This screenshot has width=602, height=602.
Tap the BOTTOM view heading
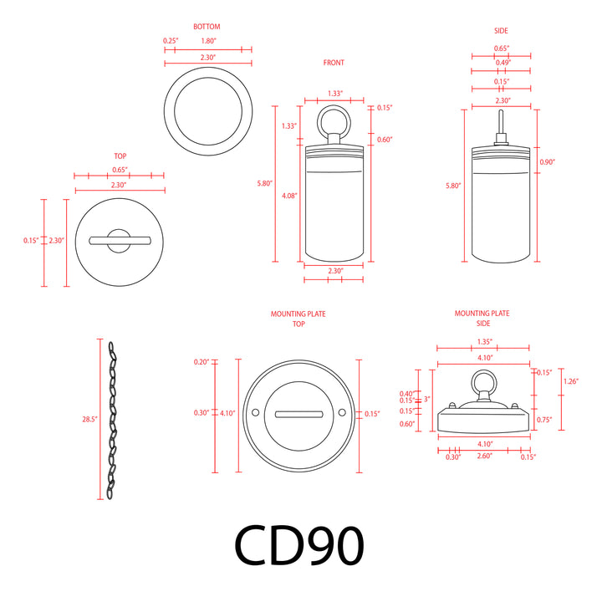pyautogui.click(x=207, y=28)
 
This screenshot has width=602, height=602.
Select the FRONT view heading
pyautogui.click(x=333, y=63)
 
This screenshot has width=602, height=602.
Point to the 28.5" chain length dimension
pyautogui.click(x=90, y=419)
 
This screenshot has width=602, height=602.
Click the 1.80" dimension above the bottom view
pyautogui.click(x=210, y=40)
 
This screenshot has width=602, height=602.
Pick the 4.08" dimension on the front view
pyautogui.click(x=289, y=195)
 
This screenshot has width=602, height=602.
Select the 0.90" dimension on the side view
pyautogui.click(x=547, y=161)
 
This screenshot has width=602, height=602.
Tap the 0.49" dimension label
pyautogui.click(x=501, y=62)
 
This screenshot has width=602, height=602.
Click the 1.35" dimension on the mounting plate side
pyautogui.click(x=484, y=342)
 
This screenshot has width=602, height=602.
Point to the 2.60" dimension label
pyautogui.click(x=484, y=457)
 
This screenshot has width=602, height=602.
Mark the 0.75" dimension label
pyautogui.click(x=543, y=420)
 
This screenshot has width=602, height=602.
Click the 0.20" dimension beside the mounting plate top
pyautogui.click(x=202, y=362)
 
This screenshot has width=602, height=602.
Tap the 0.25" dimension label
pyautogui.click(x=170, y=40)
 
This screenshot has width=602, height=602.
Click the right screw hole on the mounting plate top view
pyautogui.click(x=342, y=413)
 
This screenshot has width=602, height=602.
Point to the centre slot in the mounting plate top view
pyautogui.click(x=298, y=413)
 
